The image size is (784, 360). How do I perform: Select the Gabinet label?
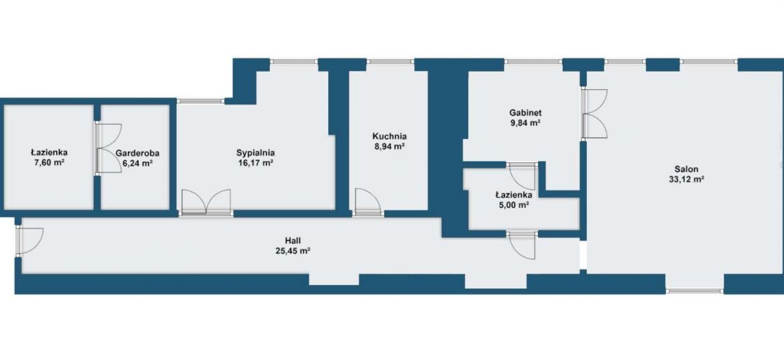click(525, 113)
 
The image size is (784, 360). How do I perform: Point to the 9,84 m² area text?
click(525, 123)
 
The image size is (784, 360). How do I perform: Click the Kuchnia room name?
click(389, 136)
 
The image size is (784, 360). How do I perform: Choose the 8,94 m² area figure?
click(389, 147)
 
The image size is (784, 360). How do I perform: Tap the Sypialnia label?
click(256, 153)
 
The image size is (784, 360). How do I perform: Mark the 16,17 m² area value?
click(256, 163)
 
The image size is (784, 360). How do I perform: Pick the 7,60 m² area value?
click(50, 162)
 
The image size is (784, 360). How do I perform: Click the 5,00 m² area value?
click(513, 204)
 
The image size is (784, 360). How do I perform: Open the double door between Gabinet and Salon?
click(594, 113)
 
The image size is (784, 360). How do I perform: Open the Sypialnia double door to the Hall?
click(206, 203)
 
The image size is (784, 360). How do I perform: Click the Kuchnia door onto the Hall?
click(367, 202)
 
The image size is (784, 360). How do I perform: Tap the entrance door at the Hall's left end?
click(29, 241)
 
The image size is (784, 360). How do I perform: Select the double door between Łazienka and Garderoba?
click(109, 149)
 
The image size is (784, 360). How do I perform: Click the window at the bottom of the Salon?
click(694, 290)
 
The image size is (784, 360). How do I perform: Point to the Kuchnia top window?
click(391, 62)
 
